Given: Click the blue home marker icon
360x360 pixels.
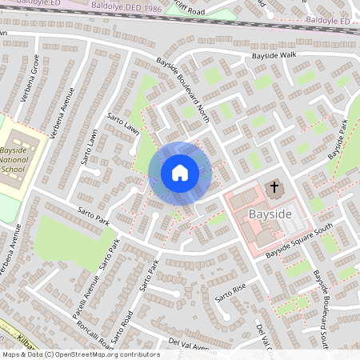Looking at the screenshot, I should (x=180, y=172).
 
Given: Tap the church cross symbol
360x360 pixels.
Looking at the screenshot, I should (x=274, y=189).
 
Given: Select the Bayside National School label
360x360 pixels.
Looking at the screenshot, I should (x=14, y=160).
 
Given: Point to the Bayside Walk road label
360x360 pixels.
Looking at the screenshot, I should (x=274, y=55).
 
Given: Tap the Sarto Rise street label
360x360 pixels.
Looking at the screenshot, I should (x=230, y=293).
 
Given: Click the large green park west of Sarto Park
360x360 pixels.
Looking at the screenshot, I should (x=68, y=240).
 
